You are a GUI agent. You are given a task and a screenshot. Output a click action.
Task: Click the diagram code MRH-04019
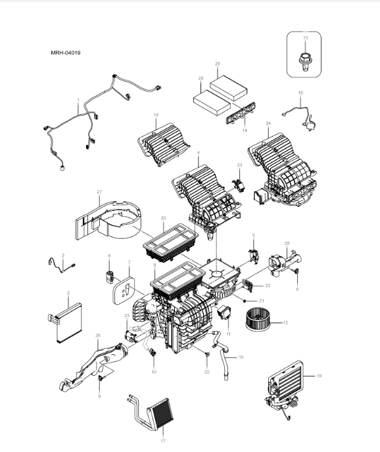pos(66,52)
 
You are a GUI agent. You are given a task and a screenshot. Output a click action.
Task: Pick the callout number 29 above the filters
pos(217,63)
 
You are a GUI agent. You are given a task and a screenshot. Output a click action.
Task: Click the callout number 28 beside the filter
pos(200,78)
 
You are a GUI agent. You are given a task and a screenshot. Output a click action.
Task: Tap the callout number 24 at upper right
pos(268,123)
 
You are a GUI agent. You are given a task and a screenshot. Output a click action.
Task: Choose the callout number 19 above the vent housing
pos(156,116)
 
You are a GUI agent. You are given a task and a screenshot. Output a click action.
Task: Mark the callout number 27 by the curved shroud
pos(99,192)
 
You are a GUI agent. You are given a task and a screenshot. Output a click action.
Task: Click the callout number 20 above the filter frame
pos(163,218)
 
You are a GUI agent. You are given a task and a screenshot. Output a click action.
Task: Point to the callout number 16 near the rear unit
pos(319,376)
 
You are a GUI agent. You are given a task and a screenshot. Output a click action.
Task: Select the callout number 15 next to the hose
pos(241,357)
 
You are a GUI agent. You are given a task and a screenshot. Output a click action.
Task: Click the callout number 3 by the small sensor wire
pos(63,255)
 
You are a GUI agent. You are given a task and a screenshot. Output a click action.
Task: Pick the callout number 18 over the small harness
pos(300,93)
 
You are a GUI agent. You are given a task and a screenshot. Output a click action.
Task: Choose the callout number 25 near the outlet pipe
pos(287,243)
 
